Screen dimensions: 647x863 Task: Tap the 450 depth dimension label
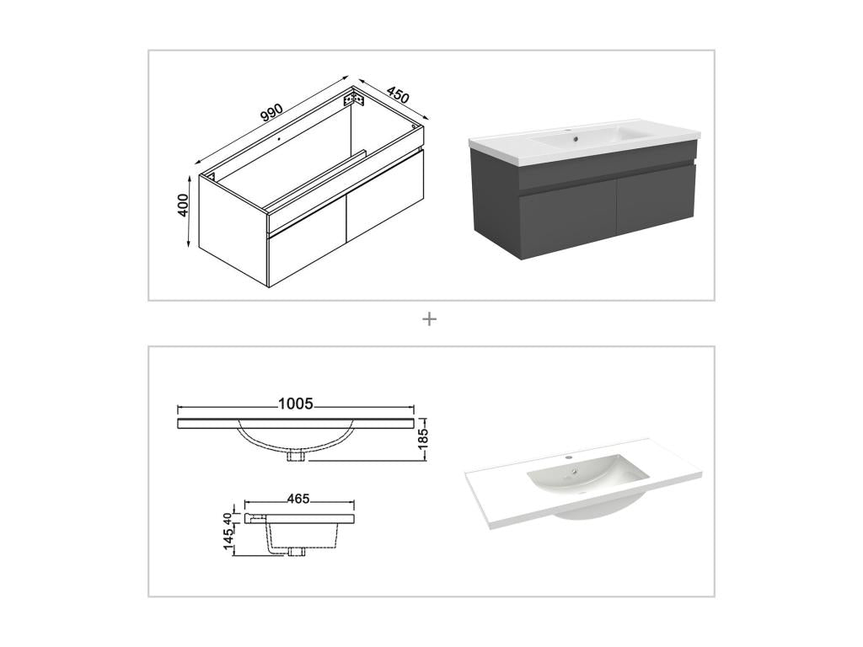(x=398, y=94)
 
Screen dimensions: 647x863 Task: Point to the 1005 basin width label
(x=295, y=404)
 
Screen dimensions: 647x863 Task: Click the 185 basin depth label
(x=424, y=438)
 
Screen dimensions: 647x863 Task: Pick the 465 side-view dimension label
(x=298, y=499)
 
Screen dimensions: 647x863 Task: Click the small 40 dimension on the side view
(x=228, y=517)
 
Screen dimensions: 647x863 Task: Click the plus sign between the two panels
(x=430, y=319)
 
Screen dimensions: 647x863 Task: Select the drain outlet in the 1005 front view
(x=296, y=456)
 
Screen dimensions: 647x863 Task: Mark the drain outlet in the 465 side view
(x=296, y=553)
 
